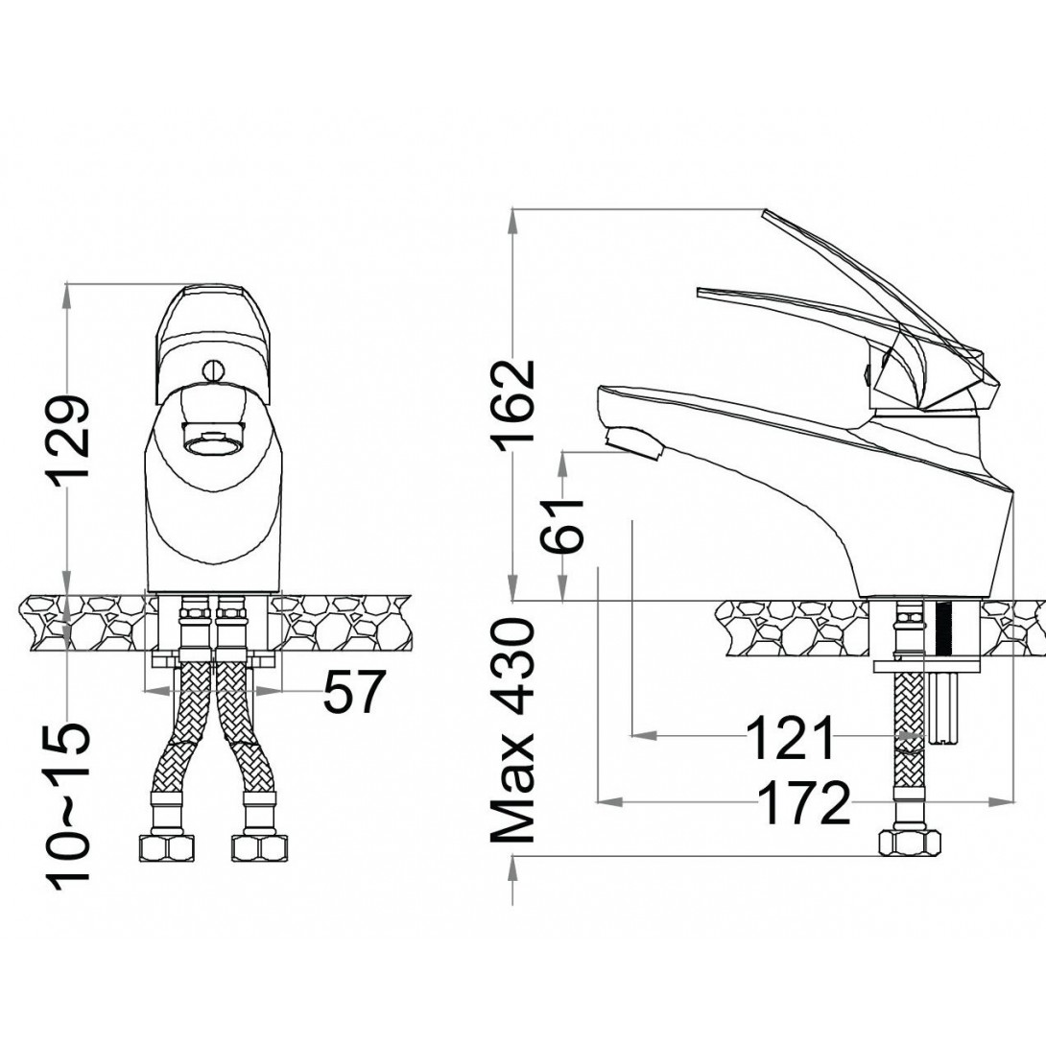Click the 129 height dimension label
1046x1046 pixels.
(73, 439)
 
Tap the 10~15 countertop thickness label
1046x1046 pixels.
(73, 804)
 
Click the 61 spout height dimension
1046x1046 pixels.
(564, 527)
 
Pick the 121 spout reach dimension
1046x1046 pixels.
(792, 738)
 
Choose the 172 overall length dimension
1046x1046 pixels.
(804, 802)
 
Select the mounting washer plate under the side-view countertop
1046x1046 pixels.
(929, 665)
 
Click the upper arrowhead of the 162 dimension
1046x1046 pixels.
(514, 216)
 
